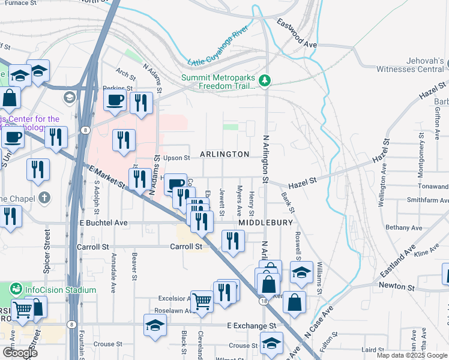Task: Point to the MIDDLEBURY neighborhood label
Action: [x=265, y=223]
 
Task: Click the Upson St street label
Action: [x=176, y=158]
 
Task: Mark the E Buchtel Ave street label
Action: [x=103, y=223]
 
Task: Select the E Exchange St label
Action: [x=251, y=325]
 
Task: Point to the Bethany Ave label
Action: [x=405, y=228]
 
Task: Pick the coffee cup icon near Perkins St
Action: [x=115, y=101]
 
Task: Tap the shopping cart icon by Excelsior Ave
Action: [x=202, y=301]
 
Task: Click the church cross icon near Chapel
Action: [x=44, y=197]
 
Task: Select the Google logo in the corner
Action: [x=19, y=353]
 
